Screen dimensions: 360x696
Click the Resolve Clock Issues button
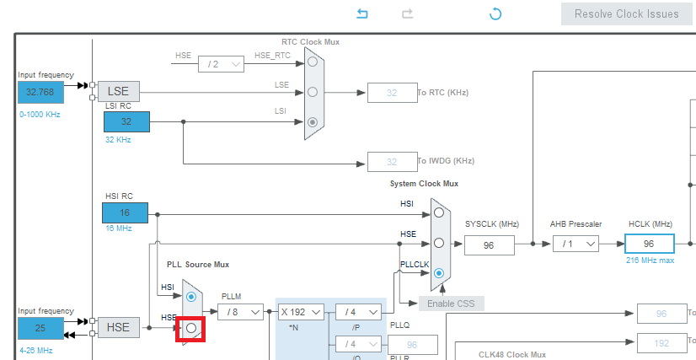tap(627, 13)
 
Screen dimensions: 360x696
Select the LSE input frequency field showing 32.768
tap(40, 92)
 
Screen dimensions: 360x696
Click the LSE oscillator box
tap(118, 92)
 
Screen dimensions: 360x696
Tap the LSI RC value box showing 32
tap(126, 121)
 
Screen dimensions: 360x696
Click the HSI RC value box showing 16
tap(126, 212)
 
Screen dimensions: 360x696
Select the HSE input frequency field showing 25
tap(40, 327)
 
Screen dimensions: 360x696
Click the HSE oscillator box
tap(118, 327)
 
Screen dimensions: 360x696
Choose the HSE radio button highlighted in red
tap(191, 327)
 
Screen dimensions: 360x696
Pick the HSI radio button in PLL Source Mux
tap(191, 297)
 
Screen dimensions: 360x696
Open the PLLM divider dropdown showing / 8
tap(239, 312)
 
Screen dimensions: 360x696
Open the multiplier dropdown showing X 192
tap(301, 312)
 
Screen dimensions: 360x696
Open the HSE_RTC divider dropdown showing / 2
tap(221, 63)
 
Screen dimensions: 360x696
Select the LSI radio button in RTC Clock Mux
tap(313, 121)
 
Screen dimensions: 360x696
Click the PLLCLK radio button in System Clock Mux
tap(438, 272)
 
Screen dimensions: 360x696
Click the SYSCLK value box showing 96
tap(488, 244)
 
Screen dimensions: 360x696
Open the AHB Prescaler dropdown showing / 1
tap(576, 244)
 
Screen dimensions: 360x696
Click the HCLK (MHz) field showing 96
tap(649, 244)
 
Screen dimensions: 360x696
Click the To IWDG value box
tap(391, 161)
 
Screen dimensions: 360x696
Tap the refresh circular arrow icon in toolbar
tap(495, 13)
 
